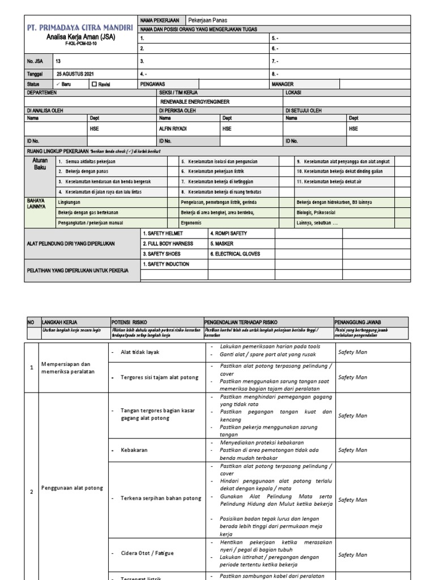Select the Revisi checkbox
[x=95, y=84]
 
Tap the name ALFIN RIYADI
[x=173, y=129]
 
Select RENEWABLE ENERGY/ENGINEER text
[x=194, y=101]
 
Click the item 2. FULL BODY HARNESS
[x=168, y=244]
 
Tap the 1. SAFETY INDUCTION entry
[x=166, y=264]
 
